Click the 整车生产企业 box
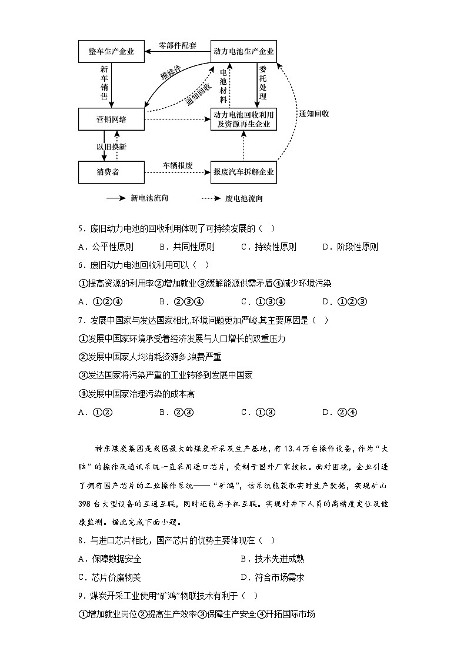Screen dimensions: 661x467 point(112,51)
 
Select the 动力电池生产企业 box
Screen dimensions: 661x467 point(243,51)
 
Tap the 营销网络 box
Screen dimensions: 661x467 point(112,119)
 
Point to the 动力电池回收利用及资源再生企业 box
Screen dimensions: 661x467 point(243,119)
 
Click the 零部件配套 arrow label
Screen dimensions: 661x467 point(178,45)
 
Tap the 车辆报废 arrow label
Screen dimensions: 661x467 point(178,165)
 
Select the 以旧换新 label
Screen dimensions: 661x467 point(112,146)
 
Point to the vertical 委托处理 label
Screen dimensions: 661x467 point(262,83)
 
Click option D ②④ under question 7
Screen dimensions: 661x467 point(341,412)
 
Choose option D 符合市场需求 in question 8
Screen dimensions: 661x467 point(272,577)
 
